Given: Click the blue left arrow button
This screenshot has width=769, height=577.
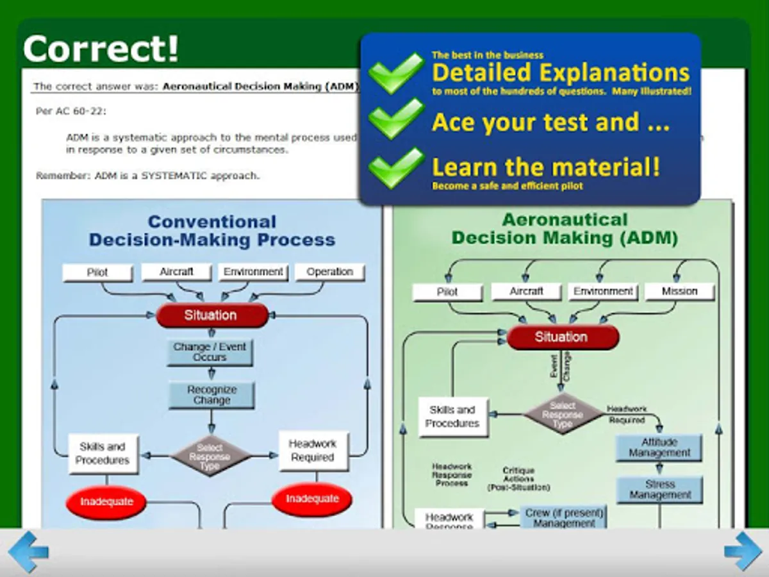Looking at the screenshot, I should click(x=28, y=551).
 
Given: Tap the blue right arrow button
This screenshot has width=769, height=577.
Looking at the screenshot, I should click(x=743, y=551).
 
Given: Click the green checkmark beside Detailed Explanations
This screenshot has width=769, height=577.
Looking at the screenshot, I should click(x=396, y=72).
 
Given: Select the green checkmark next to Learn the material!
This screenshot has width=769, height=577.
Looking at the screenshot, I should click(x=396, y=167).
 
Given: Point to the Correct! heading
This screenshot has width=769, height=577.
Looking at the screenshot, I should click(x=101, y=49).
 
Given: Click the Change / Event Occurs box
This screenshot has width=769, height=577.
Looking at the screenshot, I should click(x=210, y=351).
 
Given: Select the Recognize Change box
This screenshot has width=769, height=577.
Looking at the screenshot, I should click(x=211, y=395).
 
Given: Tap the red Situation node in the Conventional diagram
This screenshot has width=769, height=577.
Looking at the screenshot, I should click(x=211, y=315).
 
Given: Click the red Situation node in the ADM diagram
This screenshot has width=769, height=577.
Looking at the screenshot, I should click(x=562, y=337).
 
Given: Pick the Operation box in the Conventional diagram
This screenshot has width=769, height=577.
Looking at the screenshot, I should click(x=329, y=272).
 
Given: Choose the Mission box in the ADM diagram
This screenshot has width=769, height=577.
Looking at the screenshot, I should click(x=679, y=291).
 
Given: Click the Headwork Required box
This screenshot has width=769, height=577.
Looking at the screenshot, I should click(x=313, y=450).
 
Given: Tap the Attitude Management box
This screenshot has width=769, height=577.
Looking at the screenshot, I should click(x=659, y=447).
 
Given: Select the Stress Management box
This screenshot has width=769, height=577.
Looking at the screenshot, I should click(x=659, y=490).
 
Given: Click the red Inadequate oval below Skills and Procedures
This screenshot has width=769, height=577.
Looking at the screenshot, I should click(x=106, y=501).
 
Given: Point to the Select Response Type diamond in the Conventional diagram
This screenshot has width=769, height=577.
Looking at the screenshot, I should click(x=210, y=456).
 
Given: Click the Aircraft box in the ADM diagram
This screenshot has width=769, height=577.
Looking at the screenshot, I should click(x=526, y=291).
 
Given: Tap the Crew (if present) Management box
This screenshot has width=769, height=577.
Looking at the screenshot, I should click(x=564, y=517).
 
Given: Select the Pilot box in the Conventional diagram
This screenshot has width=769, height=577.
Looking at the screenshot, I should click(x=97, y=272).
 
